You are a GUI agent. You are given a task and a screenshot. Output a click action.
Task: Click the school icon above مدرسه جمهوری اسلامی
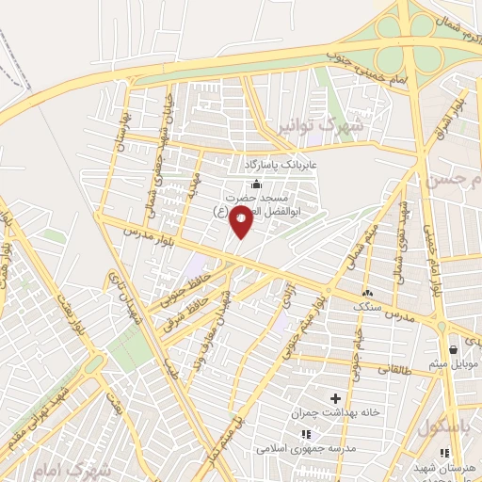click(305, 434)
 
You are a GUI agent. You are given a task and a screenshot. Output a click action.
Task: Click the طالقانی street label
click(396, 370)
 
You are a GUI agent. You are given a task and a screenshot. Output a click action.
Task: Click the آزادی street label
click(285, 299)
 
